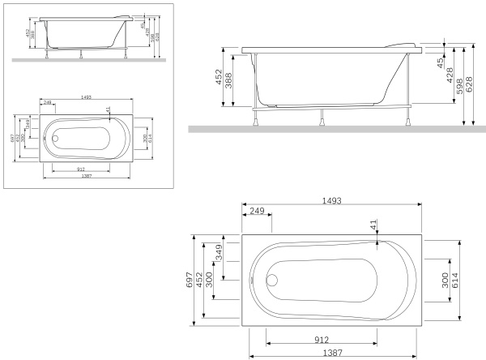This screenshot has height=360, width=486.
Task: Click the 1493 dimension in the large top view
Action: [330, 201]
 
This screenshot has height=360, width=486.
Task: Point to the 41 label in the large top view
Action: [373, 225]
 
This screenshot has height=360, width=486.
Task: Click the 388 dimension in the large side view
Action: [233, 79]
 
